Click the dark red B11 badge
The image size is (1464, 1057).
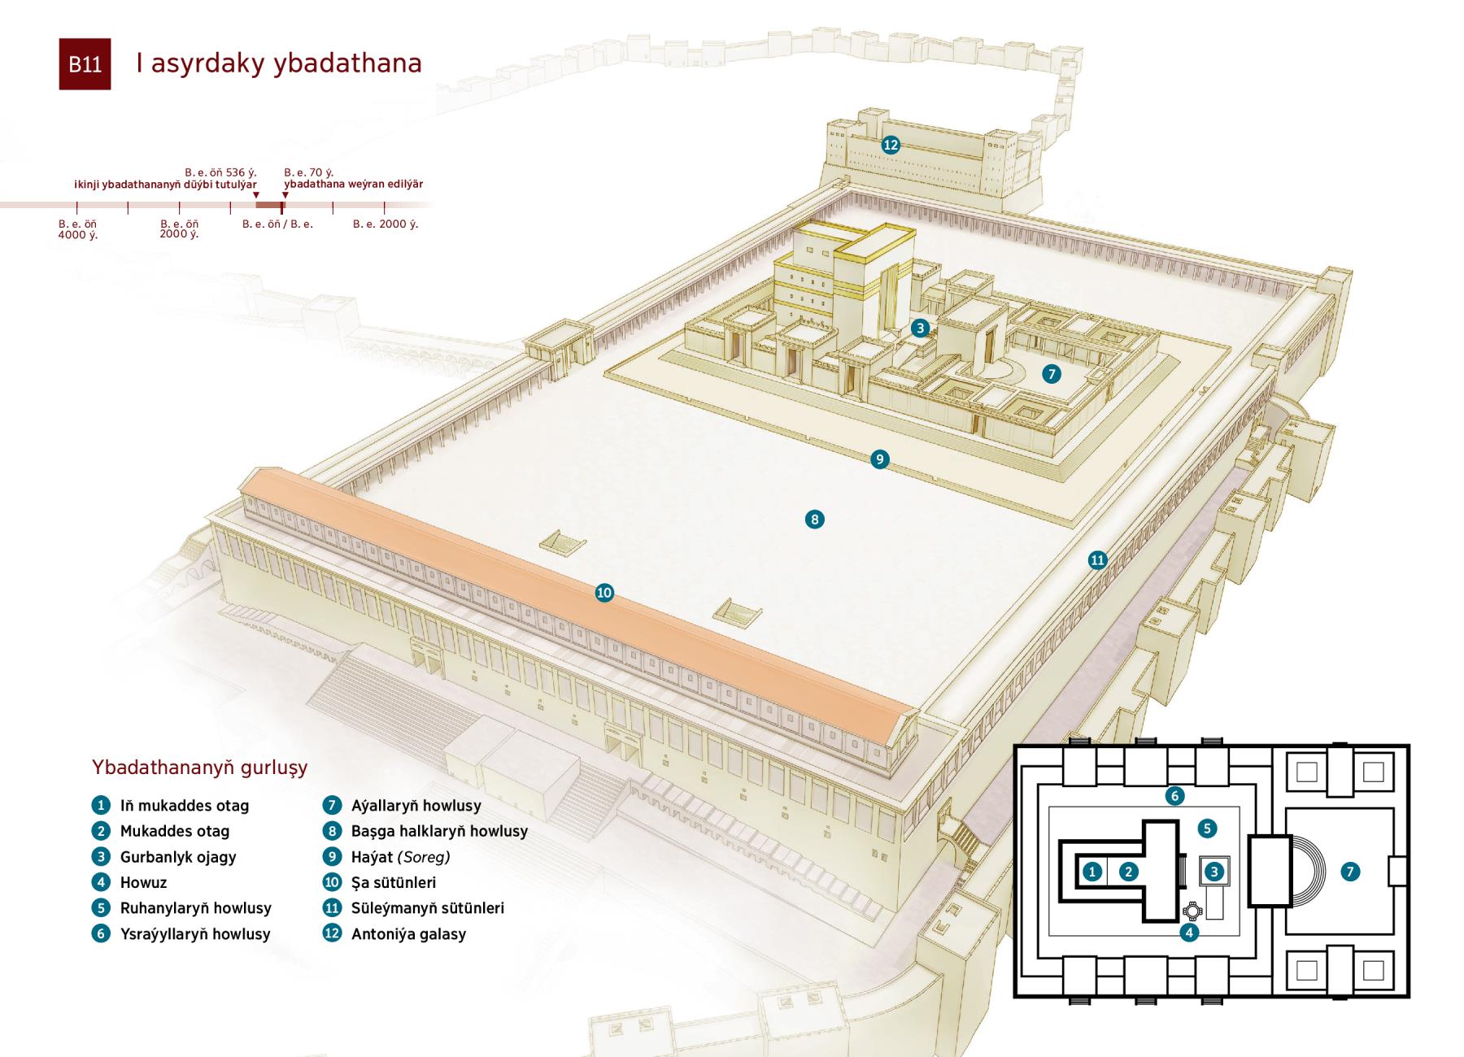pyautogui.click(x=85, y=64)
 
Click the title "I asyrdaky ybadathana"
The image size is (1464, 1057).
pyautogui.click(x=279, y=63)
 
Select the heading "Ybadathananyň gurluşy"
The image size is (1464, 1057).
pyautogui.click(x=199, y=768)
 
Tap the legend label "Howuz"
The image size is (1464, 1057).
pyautogui.click(x=143, y=882)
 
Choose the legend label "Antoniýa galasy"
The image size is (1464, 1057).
pyautogui.click(x=408, y=934)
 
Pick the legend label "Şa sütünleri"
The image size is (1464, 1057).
pyautogui.click(x=394, y=882)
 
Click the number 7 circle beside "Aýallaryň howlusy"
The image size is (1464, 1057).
pyautogui.click(x=332, y=806)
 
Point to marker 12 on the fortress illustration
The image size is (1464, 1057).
pyautogui.click(x=891, y=145)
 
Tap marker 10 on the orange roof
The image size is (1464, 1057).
pyautogui.click(x=604, y=593)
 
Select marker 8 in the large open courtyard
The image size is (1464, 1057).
pyautogui.click(x=814, y=520)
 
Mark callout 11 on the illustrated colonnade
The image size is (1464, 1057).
pyautogui.click(x=1098, y=559)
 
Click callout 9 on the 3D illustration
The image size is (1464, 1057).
pyautogui.click(x=879, y=459)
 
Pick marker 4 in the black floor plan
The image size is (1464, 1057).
pyautogui.click(x=1189, y=933)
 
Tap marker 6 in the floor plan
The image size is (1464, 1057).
pyautogui.click(x=1174, y=795)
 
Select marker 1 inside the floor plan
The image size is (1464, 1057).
pyautogui.click(x=1092, y=872)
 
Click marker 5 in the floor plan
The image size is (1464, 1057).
pyautogui.click(x=1207, y=829)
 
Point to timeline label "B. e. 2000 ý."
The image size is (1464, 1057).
pyautogui.click(x=386, y=224)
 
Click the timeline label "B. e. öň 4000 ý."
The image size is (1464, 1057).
pyautogui.click(x=78, y=229)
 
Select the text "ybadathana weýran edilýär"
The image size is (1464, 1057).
pyautogui.click(x=354, y=185)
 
